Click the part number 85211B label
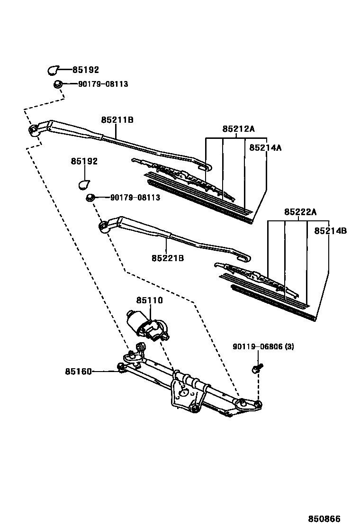117,120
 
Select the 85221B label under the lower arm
168,258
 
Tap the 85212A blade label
239,129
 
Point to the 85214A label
265,147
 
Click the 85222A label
300,212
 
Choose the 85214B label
331,231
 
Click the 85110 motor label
150,300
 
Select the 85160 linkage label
78,372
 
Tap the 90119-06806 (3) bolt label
263,347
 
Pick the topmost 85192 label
86,70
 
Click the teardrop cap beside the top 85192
53,70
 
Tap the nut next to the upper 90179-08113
57,84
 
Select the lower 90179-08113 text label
135,198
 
